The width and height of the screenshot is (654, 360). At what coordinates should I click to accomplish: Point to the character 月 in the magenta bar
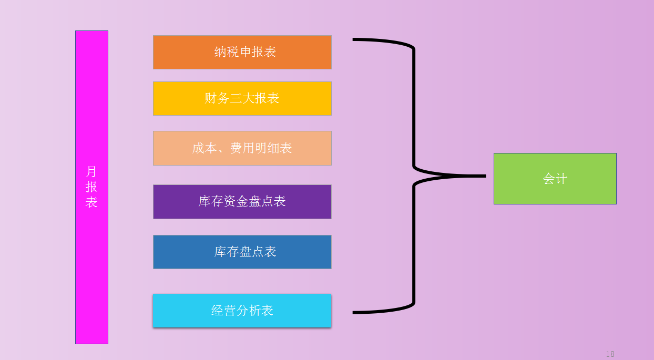click(x=91, y=172)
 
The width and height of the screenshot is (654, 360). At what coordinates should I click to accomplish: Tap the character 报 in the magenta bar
click(x=91, y=187)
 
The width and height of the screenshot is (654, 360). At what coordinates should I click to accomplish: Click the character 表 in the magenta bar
click(x=91, y=202)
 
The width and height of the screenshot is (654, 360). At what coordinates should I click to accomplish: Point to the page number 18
click(x=610, y=354)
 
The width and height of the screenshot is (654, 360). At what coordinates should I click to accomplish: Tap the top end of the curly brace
click(x=354, y=39)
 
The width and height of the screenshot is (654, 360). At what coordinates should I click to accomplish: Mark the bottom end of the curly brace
click(x=354, y=313)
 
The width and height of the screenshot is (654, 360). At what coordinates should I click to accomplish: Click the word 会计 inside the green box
click(x=555, y=179)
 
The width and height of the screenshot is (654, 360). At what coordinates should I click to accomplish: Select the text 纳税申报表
click(x=245, y=52)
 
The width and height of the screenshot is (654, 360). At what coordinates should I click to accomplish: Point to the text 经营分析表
click(x=242, y=311)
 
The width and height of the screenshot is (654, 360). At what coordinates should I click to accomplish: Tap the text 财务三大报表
click(x=242, y=98)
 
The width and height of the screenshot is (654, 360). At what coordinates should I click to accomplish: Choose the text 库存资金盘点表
click(x=242, y=201)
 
